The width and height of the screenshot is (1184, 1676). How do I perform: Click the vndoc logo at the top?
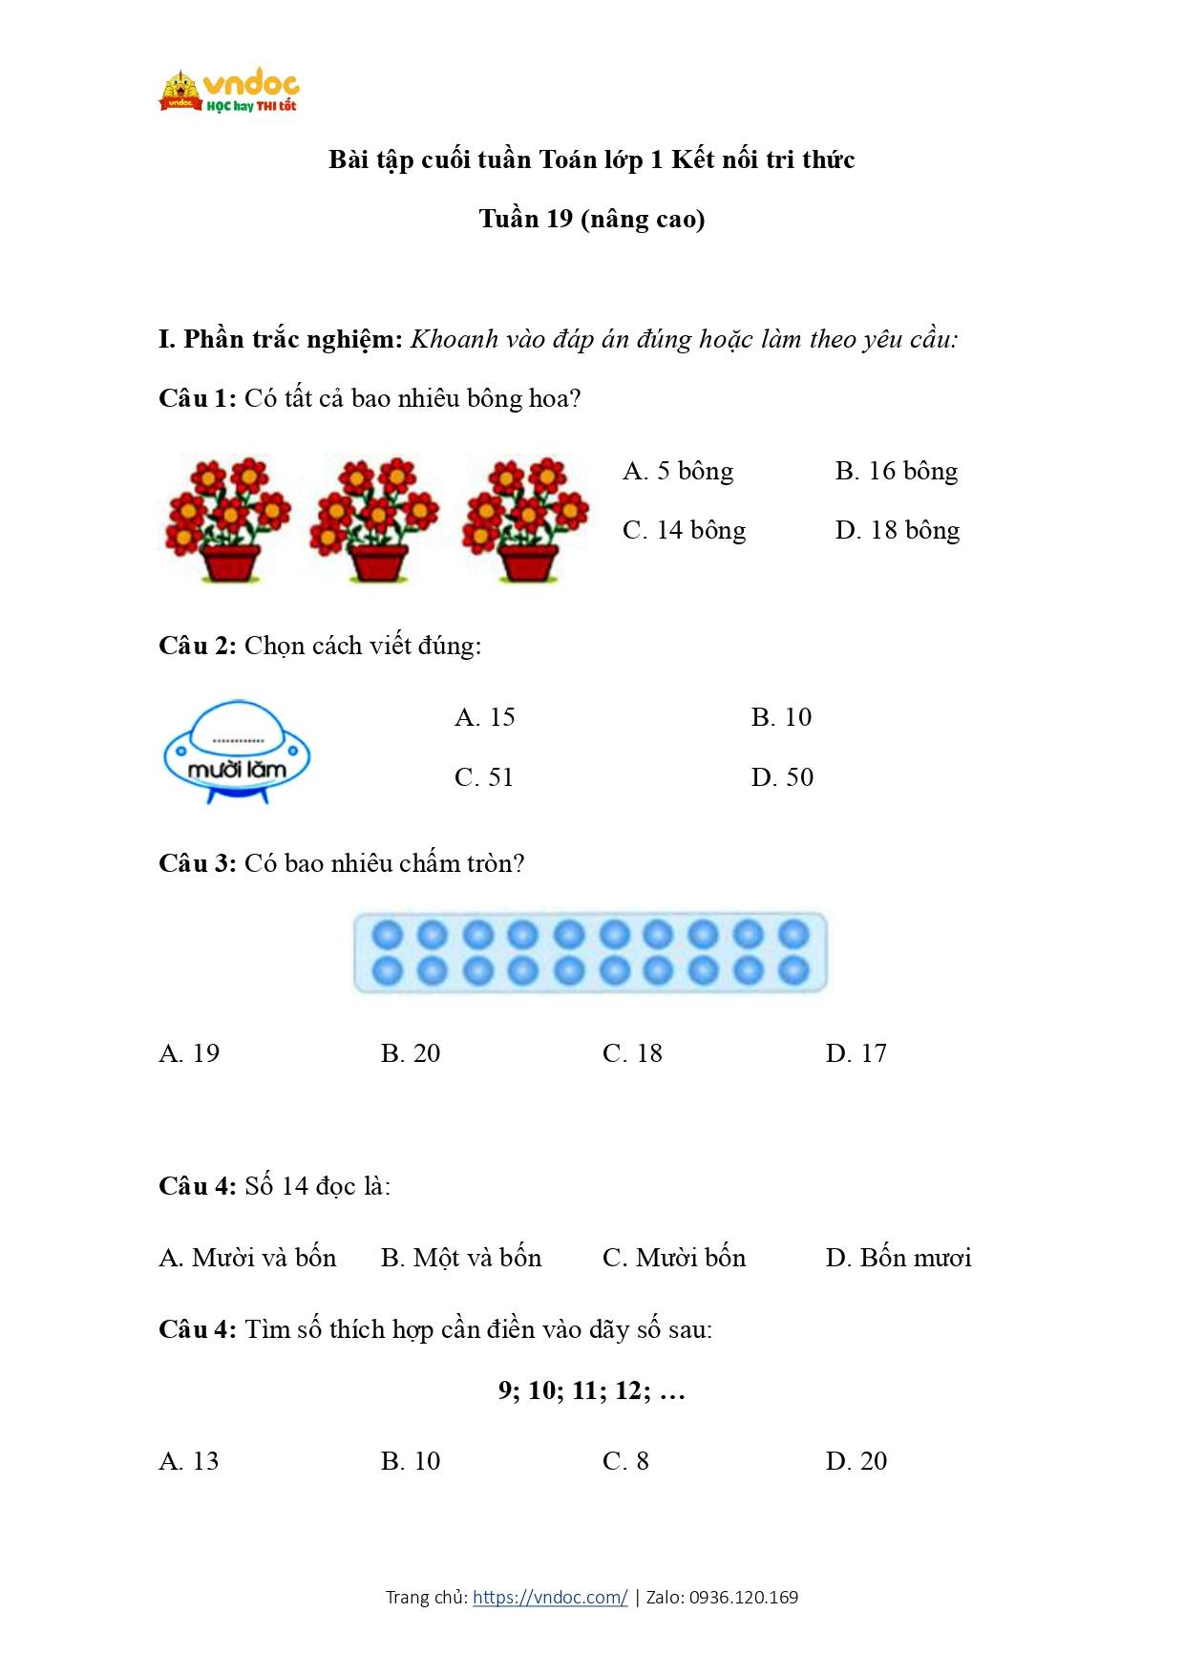tap(229, 92)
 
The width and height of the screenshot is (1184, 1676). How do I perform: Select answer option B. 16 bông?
tap(896, 471)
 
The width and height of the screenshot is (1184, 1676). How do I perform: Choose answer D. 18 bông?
tap(897, 530)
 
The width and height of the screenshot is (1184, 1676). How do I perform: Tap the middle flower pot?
tap(375, 520)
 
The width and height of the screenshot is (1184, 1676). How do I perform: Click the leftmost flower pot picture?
tap(228, 520)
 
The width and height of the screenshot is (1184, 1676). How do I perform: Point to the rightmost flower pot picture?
tap(526, 520)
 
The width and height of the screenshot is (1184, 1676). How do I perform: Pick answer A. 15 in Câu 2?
tap(485, 717)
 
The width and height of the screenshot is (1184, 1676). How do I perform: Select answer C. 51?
tap(484, 777)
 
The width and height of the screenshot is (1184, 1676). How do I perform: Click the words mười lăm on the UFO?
tap(237, 770)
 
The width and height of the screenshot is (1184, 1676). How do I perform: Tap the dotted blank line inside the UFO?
tap(237, 741)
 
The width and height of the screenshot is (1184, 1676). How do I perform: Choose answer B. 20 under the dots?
tap(411, 1053)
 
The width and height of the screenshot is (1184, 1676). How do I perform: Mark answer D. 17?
tap(856, 1053)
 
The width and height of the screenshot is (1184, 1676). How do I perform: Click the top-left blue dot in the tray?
tap(387, 934)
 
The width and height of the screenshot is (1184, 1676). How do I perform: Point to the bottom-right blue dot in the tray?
tap(793, 970)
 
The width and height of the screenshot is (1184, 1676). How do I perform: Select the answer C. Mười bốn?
tap(674, 1258)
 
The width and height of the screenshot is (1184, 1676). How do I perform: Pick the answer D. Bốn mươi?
tap(898, 1258)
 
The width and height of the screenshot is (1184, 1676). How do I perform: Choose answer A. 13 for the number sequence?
tap(189, 1461)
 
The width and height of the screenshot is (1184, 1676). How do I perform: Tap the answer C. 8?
tap(625, 1461)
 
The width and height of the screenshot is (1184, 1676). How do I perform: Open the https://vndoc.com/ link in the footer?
tap(550, 1597)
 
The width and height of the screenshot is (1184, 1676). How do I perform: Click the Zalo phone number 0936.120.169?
tap(744, 1597)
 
